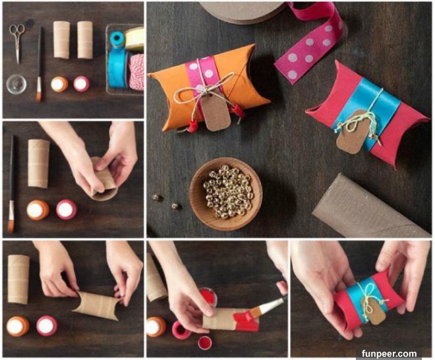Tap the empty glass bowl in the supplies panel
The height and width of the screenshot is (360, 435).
click(x=16, y=84)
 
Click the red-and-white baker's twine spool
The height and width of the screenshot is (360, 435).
click(x=136, y=72)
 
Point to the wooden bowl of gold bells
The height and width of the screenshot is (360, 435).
click(x=226, y=194)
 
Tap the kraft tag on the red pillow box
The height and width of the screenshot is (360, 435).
click(x=350, y=133)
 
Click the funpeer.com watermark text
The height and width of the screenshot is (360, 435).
click(x=389, y=353)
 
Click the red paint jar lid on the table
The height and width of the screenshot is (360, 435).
click(x=205, y=342)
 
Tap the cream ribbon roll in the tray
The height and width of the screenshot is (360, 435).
click(x=135, y=38)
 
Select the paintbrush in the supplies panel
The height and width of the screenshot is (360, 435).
click(x=40, y=65)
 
